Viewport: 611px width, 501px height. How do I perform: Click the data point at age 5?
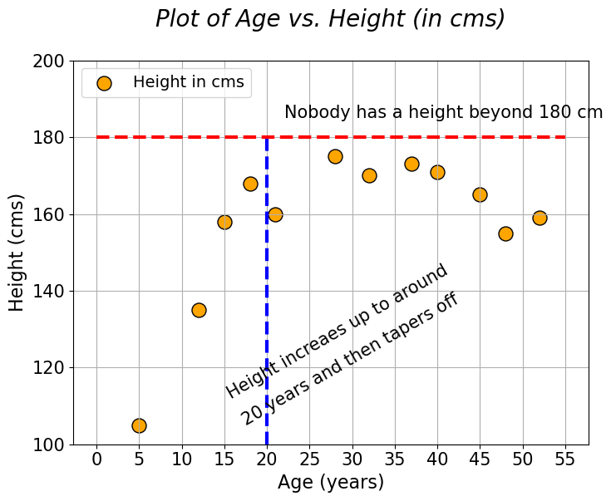tap(139, 425)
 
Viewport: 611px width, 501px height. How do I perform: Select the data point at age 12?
tap(199, 310)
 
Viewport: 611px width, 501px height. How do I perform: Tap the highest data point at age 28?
tap(335, 156)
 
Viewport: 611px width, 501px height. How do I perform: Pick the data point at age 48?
tap(505, 233)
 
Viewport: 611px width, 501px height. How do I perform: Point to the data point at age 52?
tap(540, 218)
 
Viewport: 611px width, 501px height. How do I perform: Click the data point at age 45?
tap(480, 194)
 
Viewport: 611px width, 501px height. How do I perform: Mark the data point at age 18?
tap(250, 184)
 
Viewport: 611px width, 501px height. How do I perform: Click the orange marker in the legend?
tap(104, 83)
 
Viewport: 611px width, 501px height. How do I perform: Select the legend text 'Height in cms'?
tap(189, 82)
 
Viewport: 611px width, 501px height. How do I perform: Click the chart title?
tap(330, 18)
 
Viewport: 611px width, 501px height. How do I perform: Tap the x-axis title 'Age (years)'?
tap(331, 482)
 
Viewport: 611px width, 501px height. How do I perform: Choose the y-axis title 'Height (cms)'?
tap(17, 253)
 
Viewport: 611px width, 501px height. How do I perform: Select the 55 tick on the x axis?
tap(565, 458)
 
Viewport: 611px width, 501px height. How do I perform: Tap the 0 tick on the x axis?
tap(96, 458)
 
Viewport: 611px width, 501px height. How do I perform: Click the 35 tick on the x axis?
tap(395, 458)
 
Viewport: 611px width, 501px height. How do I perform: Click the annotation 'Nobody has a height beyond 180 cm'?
tap(443, 112)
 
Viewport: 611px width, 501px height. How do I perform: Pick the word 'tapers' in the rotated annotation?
tap(400, 336)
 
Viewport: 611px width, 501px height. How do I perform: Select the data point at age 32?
tap(369, 175)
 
